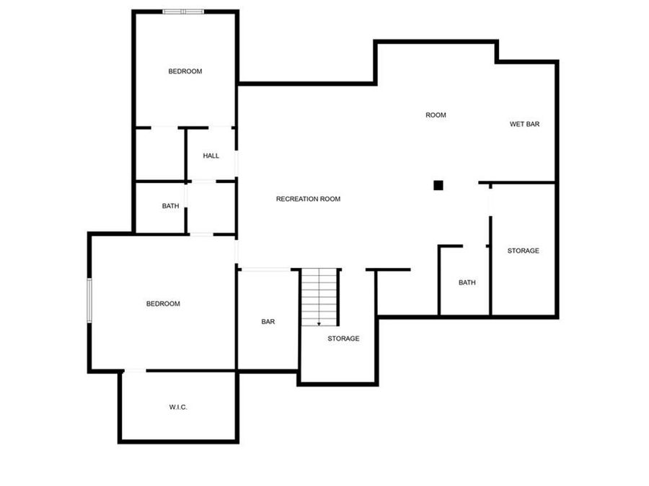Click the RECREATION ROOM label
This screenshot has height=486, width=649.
(308, 199)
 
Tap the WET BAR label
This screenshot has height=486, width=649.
(524, 124)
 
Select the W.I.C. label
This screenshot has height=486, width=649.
(178, 408)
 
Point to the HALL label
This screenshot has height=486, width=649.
(211, 156)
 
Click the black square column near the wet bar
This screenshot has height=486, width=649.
(438, 185)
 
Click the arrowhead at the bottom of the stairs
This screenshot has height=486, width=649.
(319, 324)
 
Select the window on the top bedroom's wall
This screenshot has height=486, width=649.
(183, 12)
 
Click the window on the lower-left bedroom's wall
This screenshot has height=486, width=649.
(89, 301)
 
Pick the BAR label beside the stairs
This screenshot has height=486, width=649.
(268, 322)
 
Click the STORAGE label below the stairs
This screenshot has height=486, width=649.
(343, 338)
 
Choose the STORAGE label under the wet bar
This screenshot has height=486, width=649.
(523, 251)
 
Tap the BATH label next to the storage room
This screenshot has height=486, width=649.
(467, 282)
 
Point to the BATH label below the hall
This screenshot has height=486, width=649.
(170, 206)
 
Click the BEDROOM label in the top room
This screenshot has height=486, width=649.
(185, 71)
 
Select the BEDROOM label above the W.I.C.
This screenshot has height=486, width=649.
(163, 304)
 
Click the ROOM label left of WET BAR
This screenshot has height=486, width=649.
(436, 115)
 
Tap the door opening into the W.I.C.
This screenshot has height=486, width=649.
(135, 371)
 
